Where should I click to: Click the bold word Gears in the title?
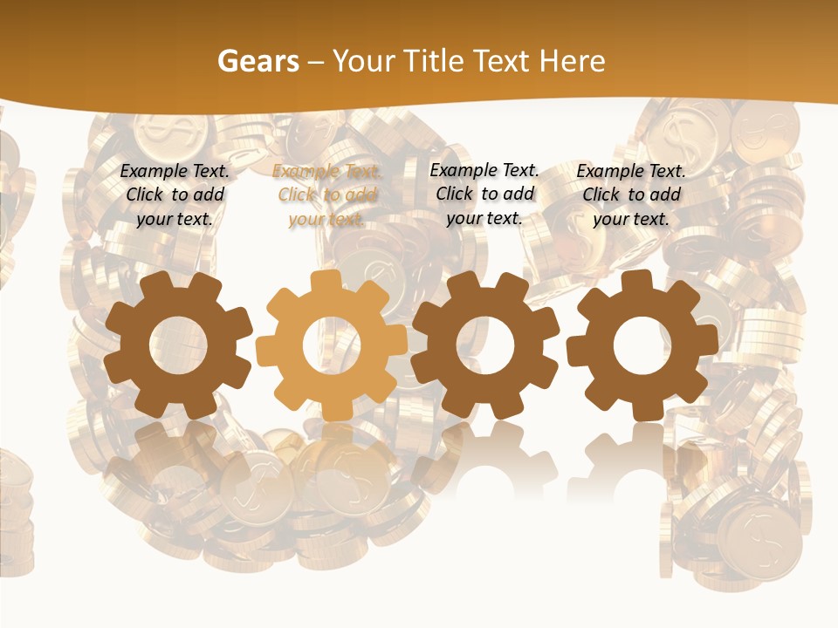tap(258, 61)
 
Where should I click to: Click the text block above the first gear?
tap(175, 195)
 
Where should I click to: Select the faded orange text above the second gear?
tap(326, 195)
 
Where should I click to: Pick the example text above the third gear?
tap(484, 194)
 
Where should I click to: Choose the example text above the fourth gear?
tap(631, 195)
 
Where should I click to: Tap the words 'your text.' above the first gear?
tap(175, 219)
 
